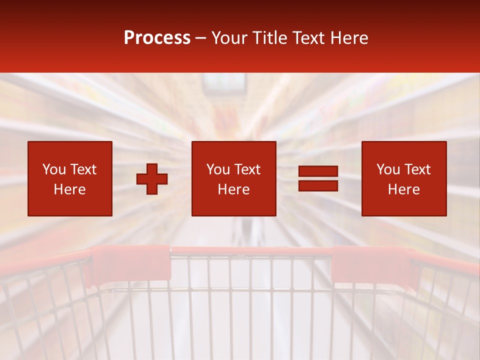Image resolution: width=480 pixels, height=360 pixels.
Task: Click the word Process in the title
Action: tap(157, 38)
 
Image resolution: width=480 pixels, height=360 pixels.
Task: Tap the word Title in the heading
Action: tap(270, 38)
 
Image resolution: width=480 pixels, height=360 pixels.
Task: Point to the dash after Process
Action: tap(201, 38)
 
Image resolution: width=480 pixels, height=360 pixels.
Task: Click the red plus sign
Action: tap(152, 179)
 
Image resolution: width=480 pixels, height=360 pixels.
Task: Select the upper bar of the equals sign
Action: tap(318, 171)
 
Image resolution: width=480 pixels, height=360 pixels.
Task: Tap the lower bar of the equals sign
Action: tap(318, 185)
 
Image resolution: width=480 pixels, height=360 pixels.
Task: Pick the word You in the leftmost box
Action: tap(54, 169)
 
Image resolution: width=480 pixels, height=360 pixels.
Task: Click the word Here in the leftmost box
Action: tap(69, 189)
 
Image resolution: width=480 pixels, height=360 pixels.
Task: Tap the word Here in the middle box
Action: tap(233, 189)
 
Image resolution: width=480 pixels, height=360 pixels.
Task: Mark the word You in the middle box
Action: tap(218, 169)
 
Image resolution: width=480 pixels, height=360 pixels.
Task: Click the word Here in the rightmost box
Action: tap(403, 189)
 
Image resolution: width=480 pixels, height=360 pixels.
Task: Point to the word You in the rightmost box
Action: tap(388, 169)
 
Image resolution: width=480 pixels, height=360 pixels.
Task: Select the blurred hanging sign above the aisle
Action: tap(224, 83)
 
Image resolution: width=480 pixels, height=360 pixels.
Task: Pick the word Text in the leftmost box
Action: tap(83, 169)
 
